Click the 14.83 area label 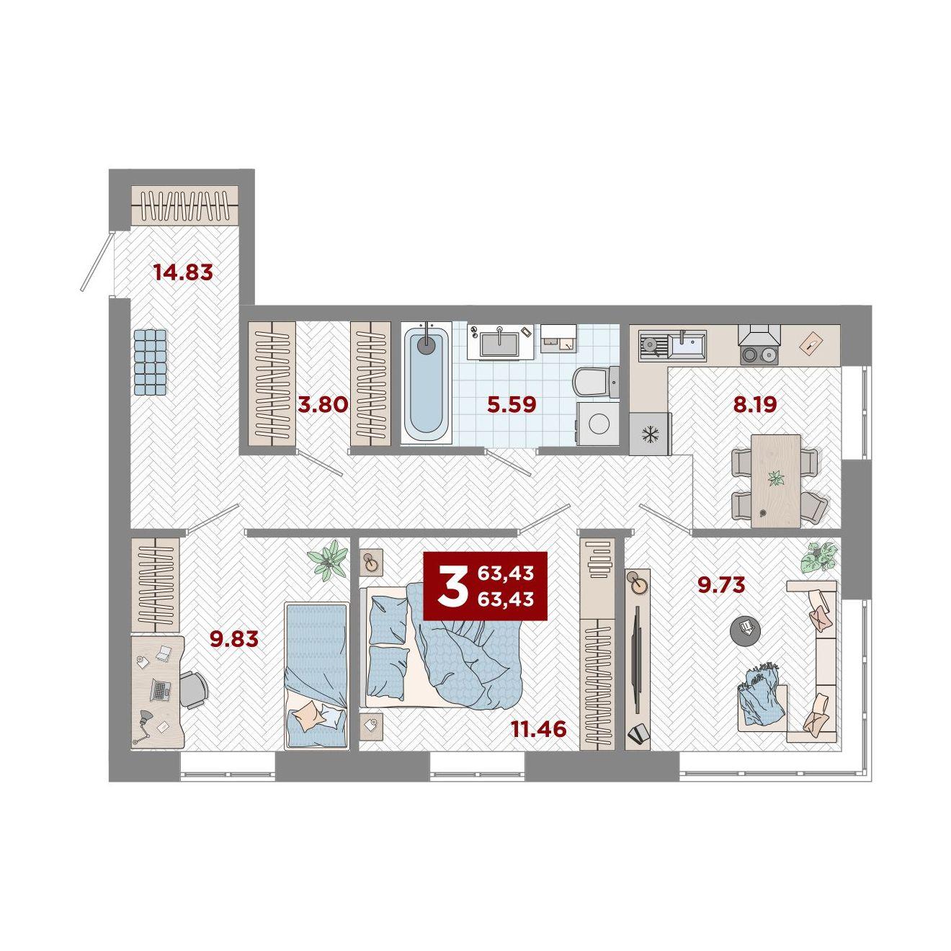(x=183, y=272)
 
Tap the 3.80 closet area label (x=323, y=405)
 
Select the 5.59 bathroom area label (x=512, y=405)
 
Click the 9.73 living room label (x=720, y=585)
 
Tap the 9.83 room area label (x=234, y=639)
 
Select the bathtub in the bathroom (x=426, y=383)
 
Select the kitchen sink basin (x=687, y=341)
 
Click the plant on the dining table (x=776, y=478)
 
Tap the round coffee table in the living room (x=745, y=630)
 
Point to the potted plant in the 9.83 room (x=326, y=560)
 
